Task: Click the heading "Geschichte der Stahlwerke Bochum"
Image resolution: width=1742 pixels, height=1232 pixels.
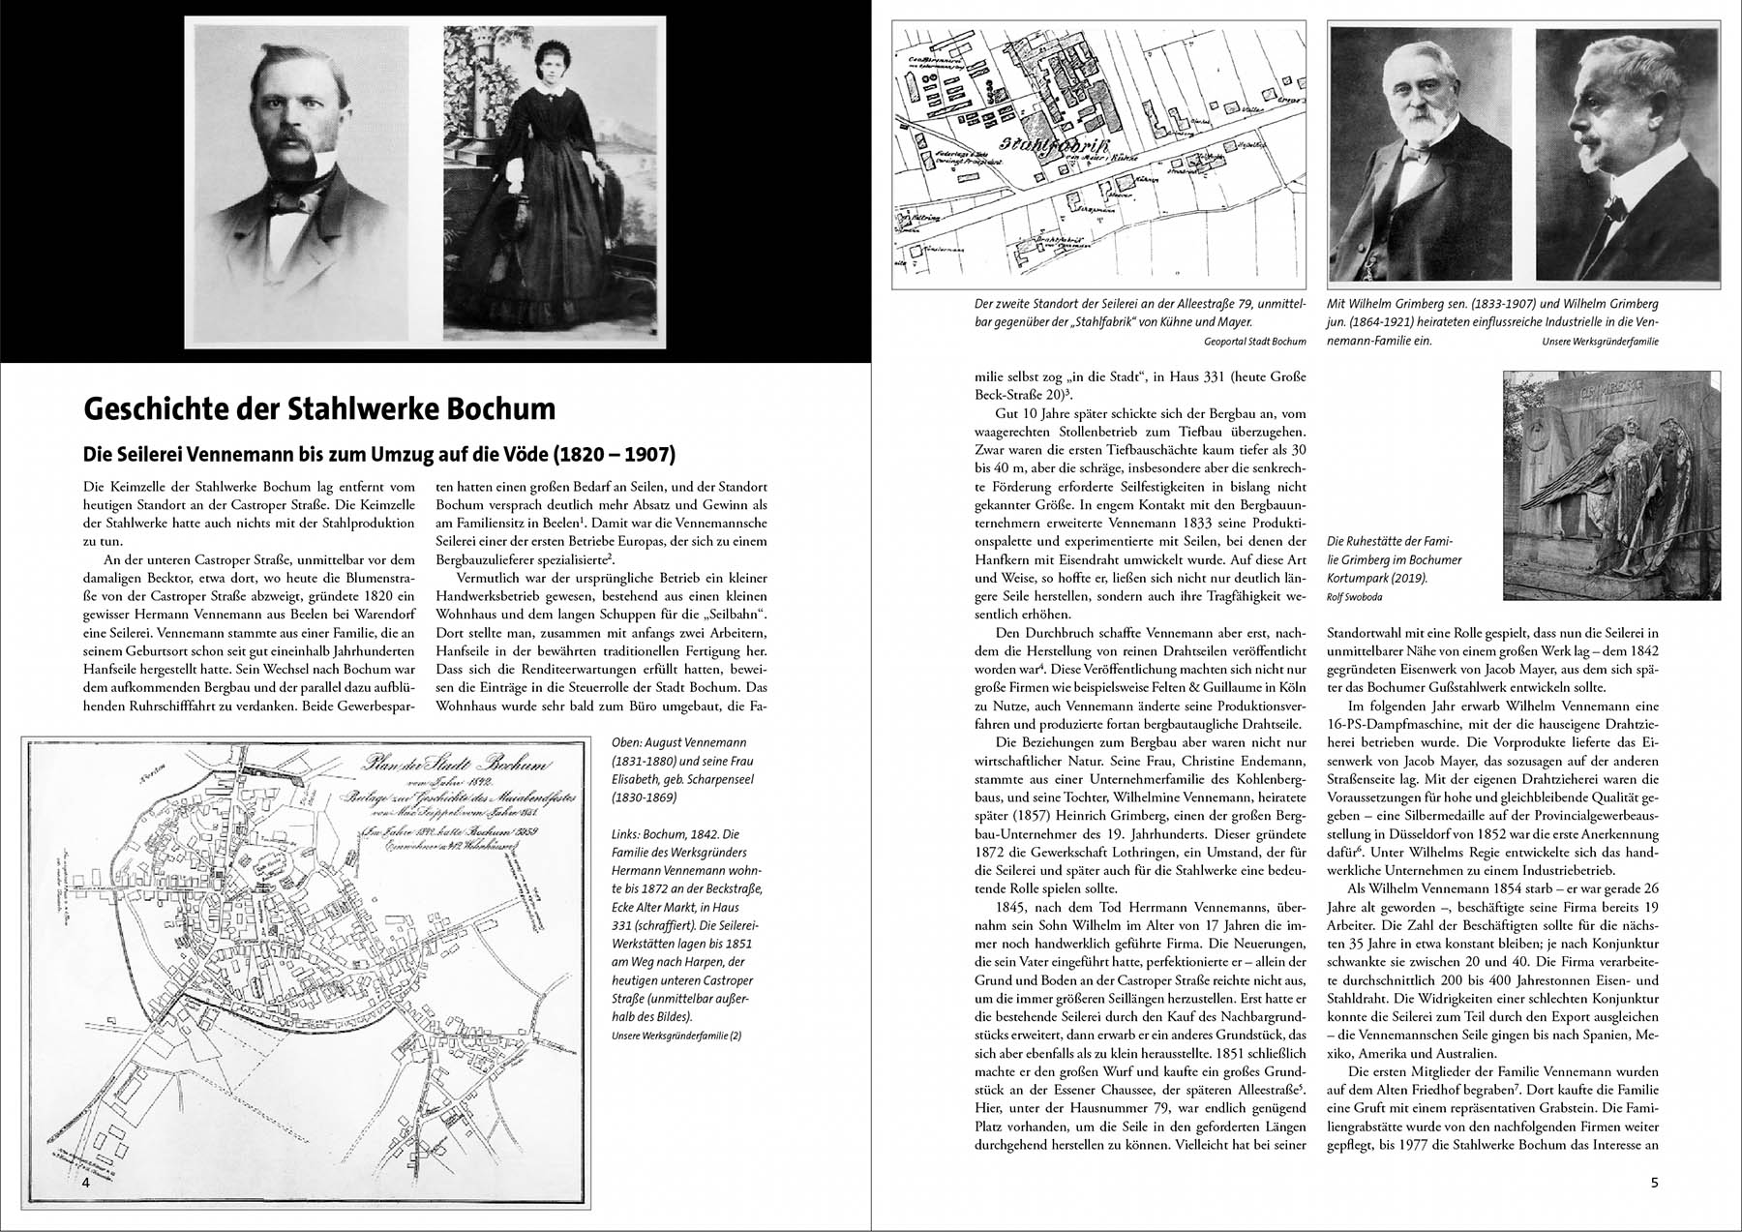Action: (x=319, y=408)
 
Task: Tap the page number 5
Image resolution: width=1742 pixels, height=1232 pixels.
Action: (x=1654, y=1182)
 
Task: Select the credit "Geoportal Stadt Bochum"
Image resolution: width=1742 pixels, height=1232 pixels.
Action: (x=1254, y=341)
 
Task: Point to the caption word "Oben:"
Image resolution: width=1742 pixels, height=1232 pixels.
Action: (x=629, y=742)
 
